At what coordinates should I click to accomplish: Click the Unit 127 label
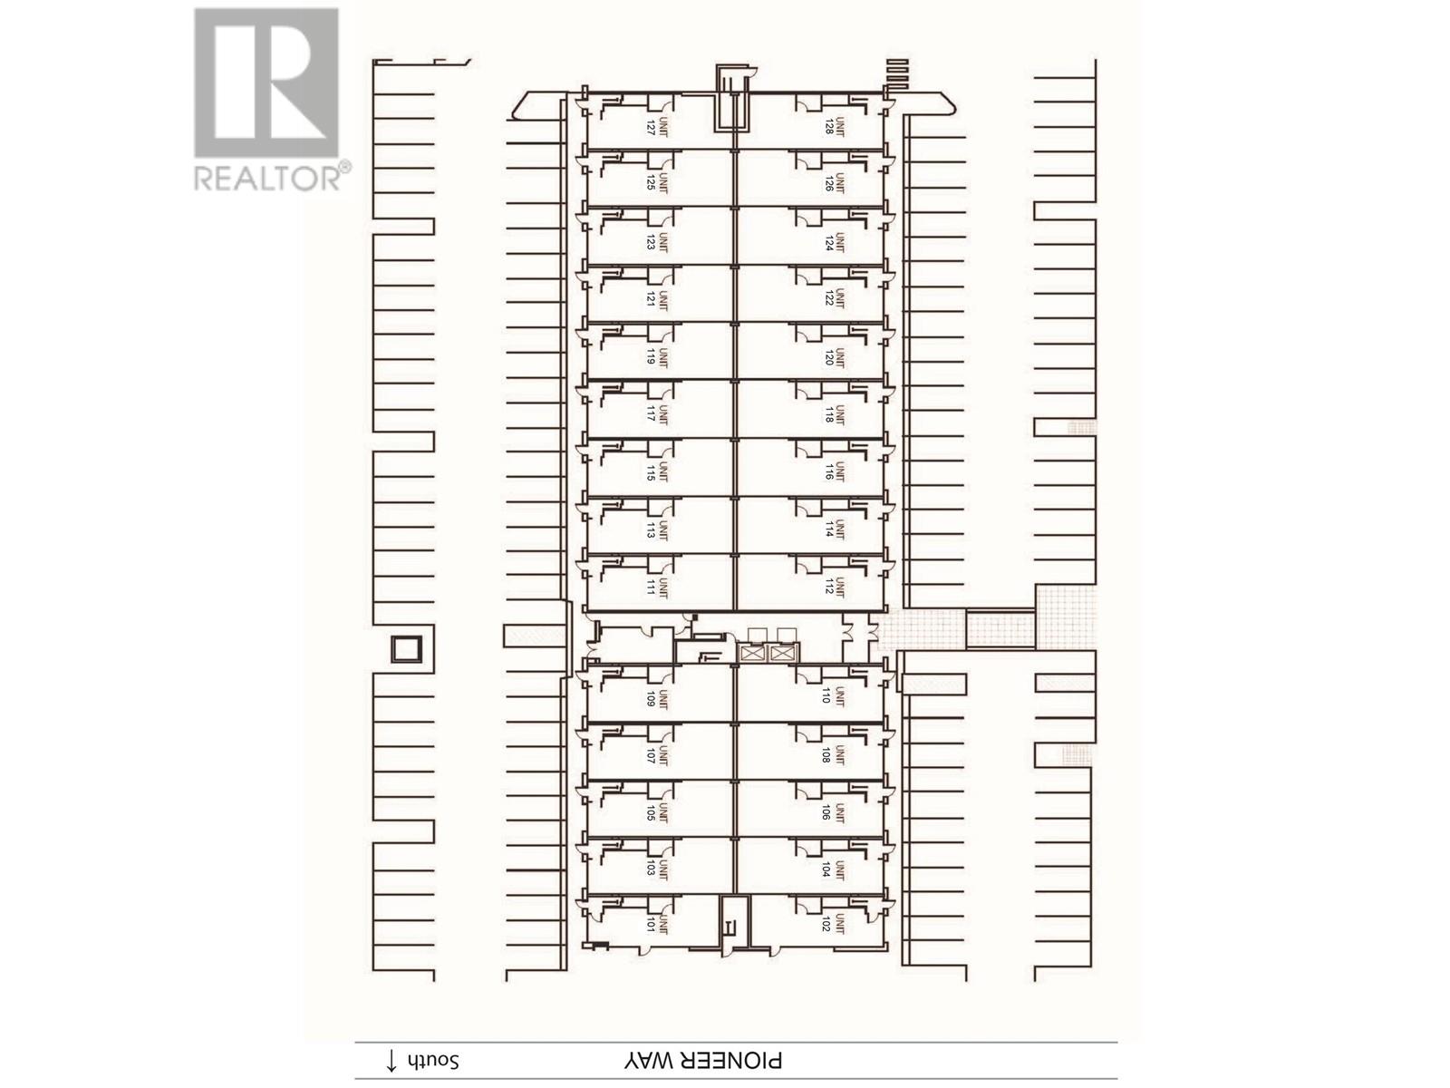(x=657, y=127)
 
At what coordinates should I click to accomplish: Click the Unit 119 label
(x=657, y=357)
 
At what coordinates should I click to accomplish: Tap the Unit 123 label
(x=657, y=242)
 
